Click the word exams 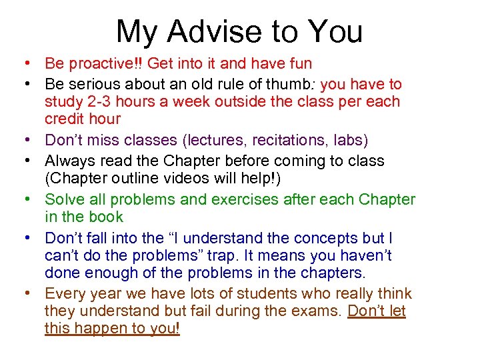pyautogui.click(x=313, y=311)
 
